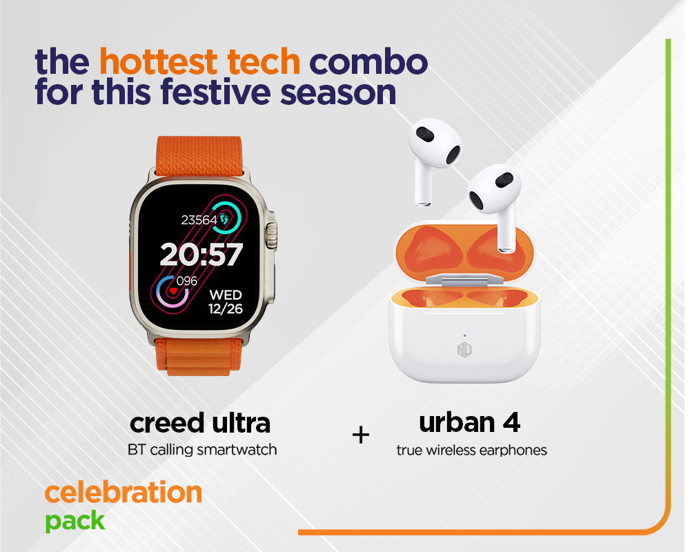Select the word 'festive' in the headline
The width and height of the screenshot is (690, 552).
pyautogui.click(x=215, y=92)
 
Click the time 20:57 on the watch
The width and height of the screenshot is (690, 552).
pyautogui.click(x=201, y=254)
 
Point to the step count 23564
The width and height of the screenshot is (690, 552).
pyautogui.click(x=199, y=219)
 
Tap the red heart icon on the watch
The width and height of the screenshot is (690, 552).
pyautogui.click(x=172, y=291)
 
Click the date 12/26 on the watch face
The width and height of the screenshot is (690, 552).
pyautogui.click(x=226, y=308)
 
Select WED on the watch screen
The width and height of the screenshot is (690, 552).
pyautogui.click(x=226, y=295)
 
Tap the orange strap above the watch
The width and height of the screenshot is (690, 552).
pyautogui.click(x=199, y=156)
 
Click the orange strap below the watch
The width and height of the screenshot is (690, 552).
pyautogui.click(x=199, y=356)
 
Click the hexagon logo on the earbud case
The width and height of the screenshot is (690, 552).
pyautogui.click(x=464, y=351)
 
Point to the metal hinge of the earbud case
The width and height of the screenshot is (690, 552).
pyautogui.click(x=464, y=279)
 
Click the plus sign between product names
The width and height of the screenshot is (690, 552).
pyautogui.click(x=361, y=435)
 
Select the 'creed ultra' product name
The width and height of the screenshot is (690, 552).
pyautogui.click(x=200, y=423)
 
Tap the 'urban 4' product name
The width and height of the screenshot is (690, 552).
pyautogui.click(x=469, y=422)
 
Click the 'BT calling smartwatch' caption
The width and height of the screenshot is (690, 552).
pyautogui.click(x=202, y=450)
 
